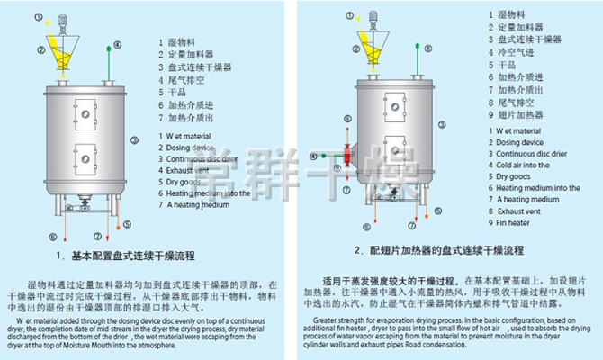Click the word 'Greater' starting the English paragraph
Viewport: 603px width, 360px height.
point(326,319)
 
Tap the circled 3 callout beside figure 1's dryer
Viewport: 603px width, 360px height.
point(133,139)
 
